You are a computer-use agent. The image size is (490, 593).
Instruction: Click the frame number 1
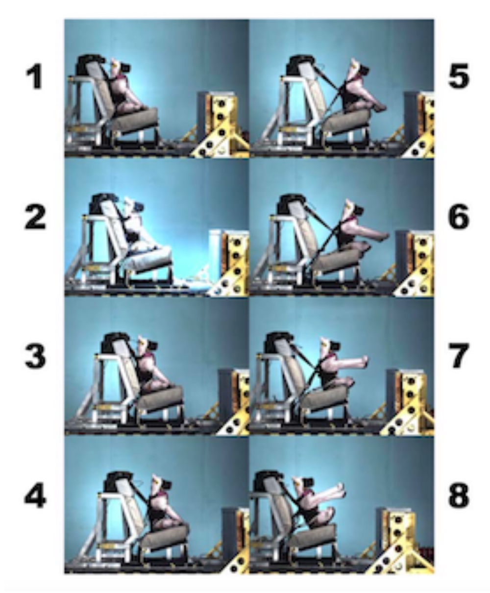pos(34,76)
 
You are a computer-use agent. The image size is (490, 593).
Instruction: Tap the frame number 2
pos(35,217)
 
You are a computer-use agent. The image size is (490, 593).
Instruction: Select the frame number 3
pos(35,356)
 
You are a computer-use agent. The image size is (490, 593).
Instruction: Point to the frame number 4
pos(35,496)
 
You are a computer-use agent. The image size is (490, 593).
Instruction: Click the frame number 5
pos(458,75)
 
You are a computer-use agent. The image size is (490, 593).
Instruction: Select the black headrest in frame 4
pos(116,481)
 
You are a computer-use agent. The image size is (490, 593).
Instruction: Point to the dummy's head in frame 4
pos(161,482)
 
